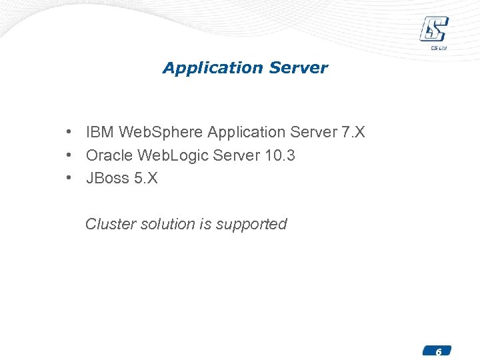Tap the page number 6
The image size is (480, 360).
click(438, 351)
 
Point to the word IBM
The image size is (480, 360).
click(100, 133)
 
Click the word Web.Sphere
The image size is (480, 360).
click(161, 133)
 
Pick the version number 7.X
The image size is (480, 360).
click(353, 133)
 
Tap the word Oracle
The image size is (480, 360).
click(109, 155)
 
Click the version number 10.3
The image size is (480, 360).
click(280, 155)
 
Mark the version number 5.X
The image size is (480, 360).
click(146, 178)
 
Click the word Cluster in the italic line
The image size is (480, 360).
click(111, 224)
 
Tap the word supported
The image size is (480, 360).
click(251, 225)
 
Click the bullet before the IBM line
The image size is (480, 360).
click(69, 133)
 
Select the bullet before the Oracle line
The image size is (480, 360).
click(69, 155)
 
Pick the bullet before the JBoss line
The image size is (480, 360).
click(69, 178)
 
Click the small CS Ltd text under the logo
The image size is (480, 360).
click(437, 47)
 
